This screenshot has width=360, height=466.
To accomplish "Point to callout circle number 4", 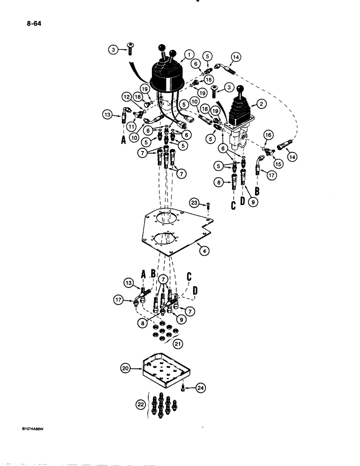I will pyautogui.click(x=203, y=251).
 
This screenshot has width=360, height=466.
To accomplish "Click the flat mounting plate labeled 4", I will pyautogui.click(x=173, y=233).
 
